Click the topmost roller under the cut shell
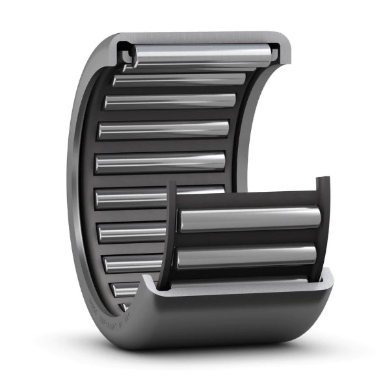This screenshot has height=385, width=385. coord(202,55)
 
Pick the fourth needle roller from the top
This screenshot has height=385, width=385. coord(164,129)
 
